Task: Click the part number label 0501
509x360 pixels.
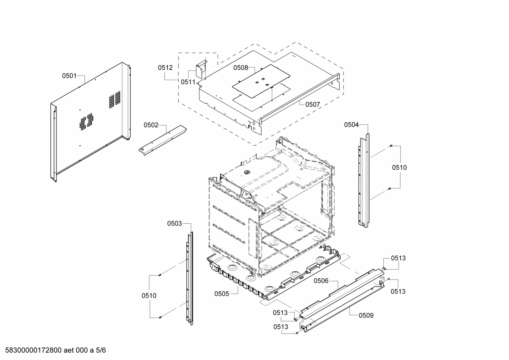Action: click(x=69, y=75)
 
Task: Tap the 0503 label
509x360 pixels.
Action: click(x=174, y=223)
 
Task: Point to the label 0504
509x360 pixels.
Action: click(x=352, y=124)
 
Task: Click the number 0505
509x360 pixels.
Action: click(x=222, y=294)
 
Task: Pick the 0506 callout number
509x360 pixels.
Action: click(x=321, y=281)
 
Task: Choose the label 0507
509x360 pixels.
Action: click(x=312, y=104)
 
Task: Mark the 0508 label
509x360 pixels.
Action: click(x=241, y=68)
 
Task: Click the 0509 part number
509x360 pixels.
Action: click(x=366, y=315)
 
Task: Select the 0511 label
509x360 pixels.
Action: click(x=188, y=82)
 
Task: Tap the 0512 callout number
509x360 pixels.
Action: click(x=165, y=67)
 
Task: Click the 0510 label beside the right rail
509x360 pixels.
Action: click(x=399, y=167)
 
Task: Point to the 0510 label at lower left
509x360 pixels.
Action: click(x=149, y=296)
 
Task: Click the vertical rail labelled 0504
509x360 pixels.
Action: click(x=364, y=180)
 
